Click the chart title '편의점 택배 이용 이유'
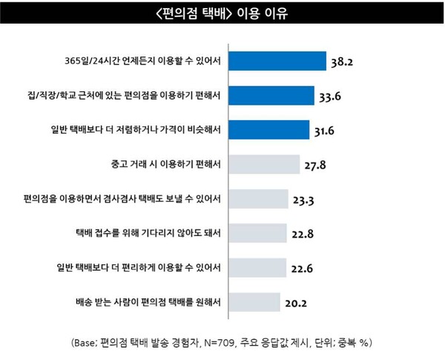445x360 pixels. [222, 14]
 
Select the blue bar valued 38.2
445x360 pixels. [278, 61]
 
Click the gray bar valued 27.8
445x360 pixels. [265, 164]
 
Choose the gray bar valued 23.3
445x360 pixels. [259, 198]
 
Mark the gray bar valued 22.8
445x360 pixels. [258, 233]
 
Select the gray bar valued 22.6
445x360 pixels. [258, 267]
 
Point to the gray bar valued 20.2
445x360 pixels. [255, 301]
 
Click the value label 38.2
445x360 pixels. [342, 62]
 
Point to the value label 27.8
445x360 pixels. [315, 166]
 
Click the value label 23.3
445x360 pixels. [303, 200]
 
